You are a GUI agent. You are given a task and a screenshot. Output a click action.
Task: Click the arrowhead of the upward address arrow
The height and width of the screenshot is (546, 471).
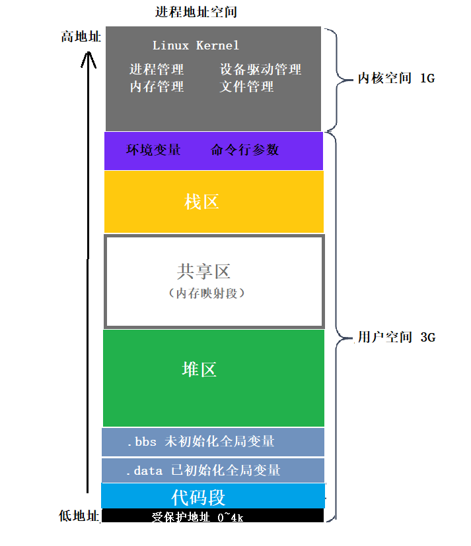[x=89, y=60]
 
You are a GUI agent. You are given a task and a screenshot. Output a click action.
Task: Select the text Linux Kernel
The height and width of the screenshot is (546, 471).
[x=196, y=45]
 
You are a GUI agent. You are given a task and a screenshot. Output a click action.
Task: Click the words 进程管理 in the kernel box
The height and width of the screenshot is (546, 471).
[x=157, y=69]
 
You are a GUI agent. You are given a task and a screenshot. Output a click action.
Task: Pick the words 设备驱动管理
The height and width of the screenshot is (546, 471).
[x=260, y=69]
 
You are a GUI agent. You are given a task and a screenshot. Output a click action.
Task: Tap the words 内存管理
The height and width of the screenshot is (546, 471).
[x=157, y=86]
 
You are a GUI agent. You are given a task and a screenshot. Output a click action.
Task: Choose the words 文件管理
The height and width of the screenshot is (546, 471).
[x=246, y=86]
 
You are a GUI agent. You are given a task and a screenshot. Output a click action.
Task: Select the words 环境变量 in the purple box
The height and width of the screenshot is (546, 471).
[x=153, y=150]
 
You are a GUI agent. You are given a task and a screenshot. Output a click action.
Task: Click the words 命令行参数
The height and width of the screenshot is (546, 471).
[x=245, y=150]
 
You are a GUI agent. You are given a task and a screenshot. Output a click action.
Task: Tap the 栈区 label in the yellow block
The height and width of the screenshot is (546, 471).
[x=201, y=202]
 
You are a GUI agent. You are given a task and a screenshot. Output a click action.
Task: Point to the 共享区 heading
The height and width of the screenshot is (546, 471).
[x=204, y=271]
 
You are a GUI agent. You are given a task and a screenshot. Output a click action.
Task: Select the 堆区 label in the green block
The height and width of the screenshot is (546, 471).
[x=199, y=369]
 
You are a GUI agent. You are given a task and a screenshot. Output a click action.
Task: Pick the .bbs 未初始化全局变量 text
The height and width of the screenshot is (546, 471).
[x=200, y=441]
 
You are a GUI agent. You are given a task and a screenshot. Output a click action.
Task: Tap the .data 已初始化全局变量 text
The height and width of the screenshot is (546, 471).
[x=203, y=470]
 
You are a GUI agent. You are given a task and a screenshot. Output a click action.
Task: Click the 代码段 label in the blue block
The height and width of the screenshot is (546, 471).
[x=199, y=496]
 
